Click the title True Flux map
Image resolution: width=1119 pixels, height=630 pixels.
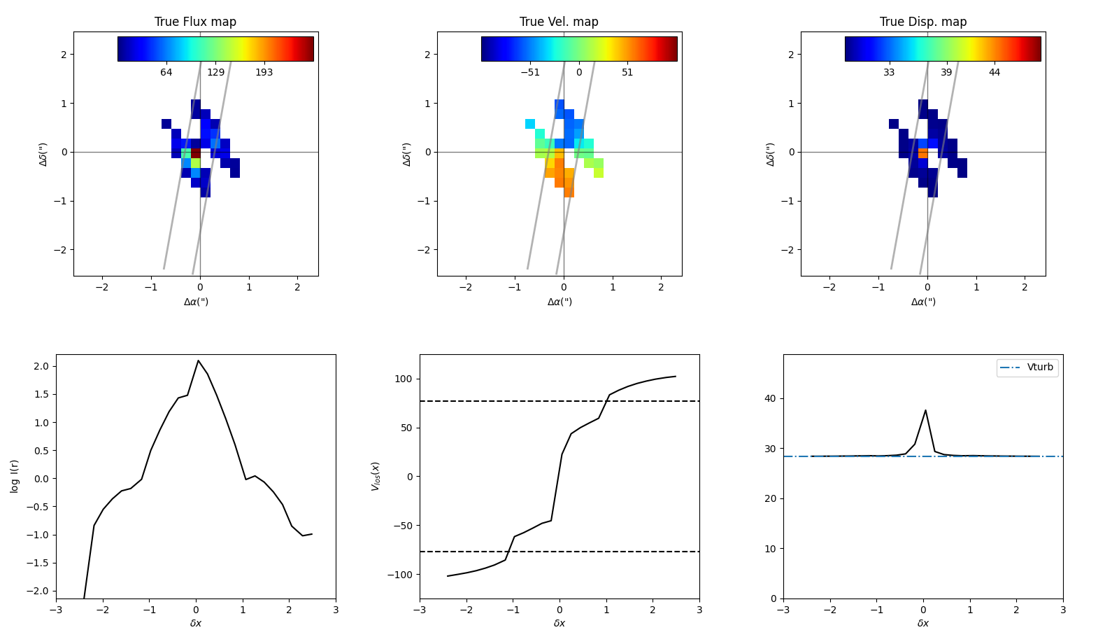[x=195, y=22]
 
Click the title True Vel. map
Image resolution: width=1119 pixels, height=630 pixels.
[x=559, y=22]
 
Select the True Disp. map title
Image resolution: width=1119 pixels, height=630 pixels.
[x=923, y=22]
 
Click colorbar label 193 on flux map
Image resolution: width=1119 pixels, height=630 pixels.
[x=264, y=73]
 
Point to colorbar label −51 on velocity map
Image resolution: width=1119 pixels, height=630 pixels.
[x=530, y=73]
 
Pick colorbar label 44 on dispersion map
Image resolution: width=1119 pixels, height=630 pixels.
[x=995, y=73]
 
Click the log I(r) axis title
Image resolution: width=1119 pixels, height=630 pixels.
[x=15, y=476]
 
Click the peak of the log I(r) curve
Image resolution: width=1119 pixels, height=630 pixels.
[x=198, y=360]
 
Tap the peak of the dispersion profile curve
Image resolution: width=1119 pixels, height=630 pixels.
[x=925, y=410]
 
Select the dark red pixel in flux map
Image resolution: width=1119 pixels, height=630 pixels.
[x=196, y=153]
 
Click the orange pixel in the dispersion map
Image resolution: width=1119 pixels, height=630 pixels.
[x=923, y=153]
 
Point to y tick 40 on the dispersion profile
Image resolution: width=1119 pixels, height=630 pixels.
[x=769, y=398]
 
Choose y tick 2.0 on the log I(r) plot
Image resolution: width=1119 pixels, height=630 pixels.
[x=41, y=366]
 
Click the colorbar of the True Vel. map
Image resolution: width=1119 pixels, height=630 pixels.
[x=579, y=49]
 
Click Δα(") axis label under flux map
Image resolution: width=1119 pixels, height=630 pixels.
[x=196, y=302]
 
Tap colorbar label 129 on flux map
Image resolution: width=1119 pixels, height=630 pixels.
[x=215, y=73]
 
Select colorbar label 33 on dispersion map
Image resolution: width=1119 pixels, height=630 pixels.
[x=889, y=73]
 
